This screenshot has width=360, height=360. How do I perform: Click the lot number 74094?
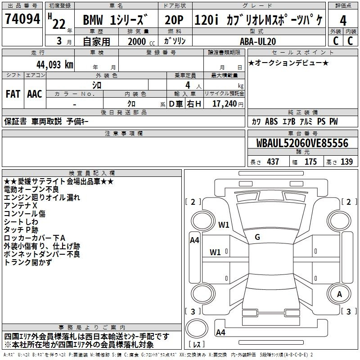click(x=22, y=18)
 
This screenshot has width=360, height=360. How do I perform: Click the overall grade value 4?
click(x=343, y=20)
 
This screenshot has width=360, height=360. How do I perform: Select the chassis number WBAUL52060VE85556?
click(x=302, y=143)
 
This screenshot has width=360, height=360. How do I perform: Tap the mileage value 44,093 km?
click(x=54, y=65)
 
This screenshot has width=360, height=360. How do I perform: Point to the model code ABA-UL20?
click(x=257, y=41)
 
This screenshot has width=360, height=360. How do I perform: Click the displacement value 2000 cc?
click(x=141, y=41)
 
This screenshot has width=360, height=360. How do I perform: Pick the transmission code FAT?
click(x=13, y=94)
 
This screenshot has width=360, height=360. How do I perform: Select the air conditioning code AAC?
click(x=35, y=94)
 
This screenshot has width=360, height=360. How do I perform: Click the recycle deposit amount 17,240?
click(x=225, y=104)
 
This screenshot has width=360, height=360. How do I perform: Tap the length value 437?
click(x=273, y=162)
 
